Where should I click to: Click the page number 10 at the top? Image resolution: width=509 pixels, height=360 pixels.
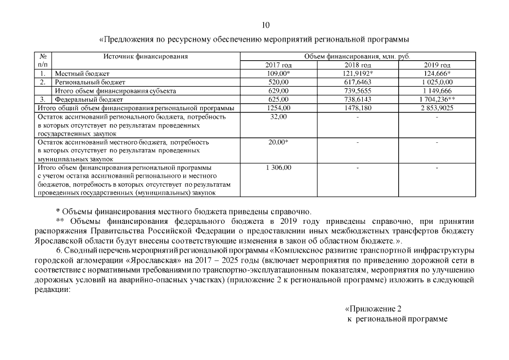click(266, 25)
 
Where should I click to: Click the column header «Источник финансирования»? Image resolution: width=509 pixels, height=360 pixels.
click(145, 56)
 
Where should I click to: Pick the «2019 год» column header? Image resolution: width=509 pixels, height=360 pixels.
click(438, 65)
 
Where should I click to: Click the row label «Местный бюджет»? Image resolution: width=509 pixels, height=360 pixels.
click(82, 74)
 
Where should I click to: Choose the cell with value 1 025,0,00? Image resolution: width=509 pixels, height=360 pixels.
click(438, 82)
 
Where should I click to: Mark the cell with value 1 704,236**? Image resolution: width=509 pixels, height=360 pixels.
click(438, 99)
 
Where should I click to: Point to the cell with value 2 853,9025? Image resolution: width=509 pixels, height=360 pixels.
click(438, 107)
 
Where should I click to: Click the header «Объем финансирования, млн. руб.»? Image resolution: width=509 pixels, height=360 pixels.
click(358, 56)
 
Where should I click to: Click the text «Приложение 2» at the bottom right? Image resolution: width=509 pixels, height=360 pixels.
click(373, 309)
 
